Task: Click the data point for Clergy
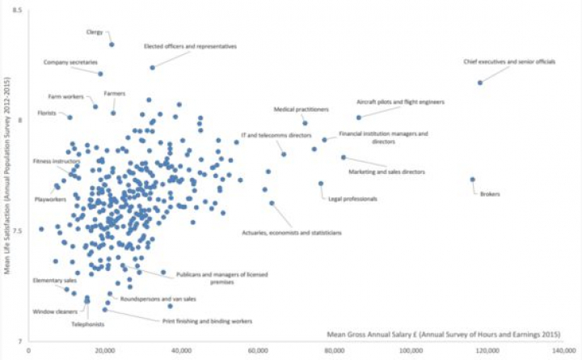click(x=112, y=44)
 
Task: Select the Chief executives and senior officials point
click(x=479, y=83)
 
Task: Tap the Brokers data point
click(x=473, y=180)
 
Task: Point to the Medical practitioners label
click(x=301, y=108)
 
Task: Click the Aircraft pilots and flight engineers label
click(x=400, y=103)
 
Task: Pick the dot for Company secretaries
click(x=100, y=74)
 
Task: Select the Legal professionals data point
click(x=321, y=184)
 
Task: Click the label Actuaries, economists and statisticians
click(x=292, y=233)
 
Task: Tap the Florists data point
click(x=70, y=117)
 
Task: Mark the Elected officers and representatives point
click(x=152, y=67)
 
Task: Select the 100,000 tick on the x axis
click(x=411, y=350)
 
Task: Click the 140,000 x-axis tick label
click(x=563, y=350)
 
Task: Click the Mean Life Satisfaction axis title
click(x=6, y=178)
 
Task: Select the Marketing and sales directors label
click(x=386, y=172)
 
